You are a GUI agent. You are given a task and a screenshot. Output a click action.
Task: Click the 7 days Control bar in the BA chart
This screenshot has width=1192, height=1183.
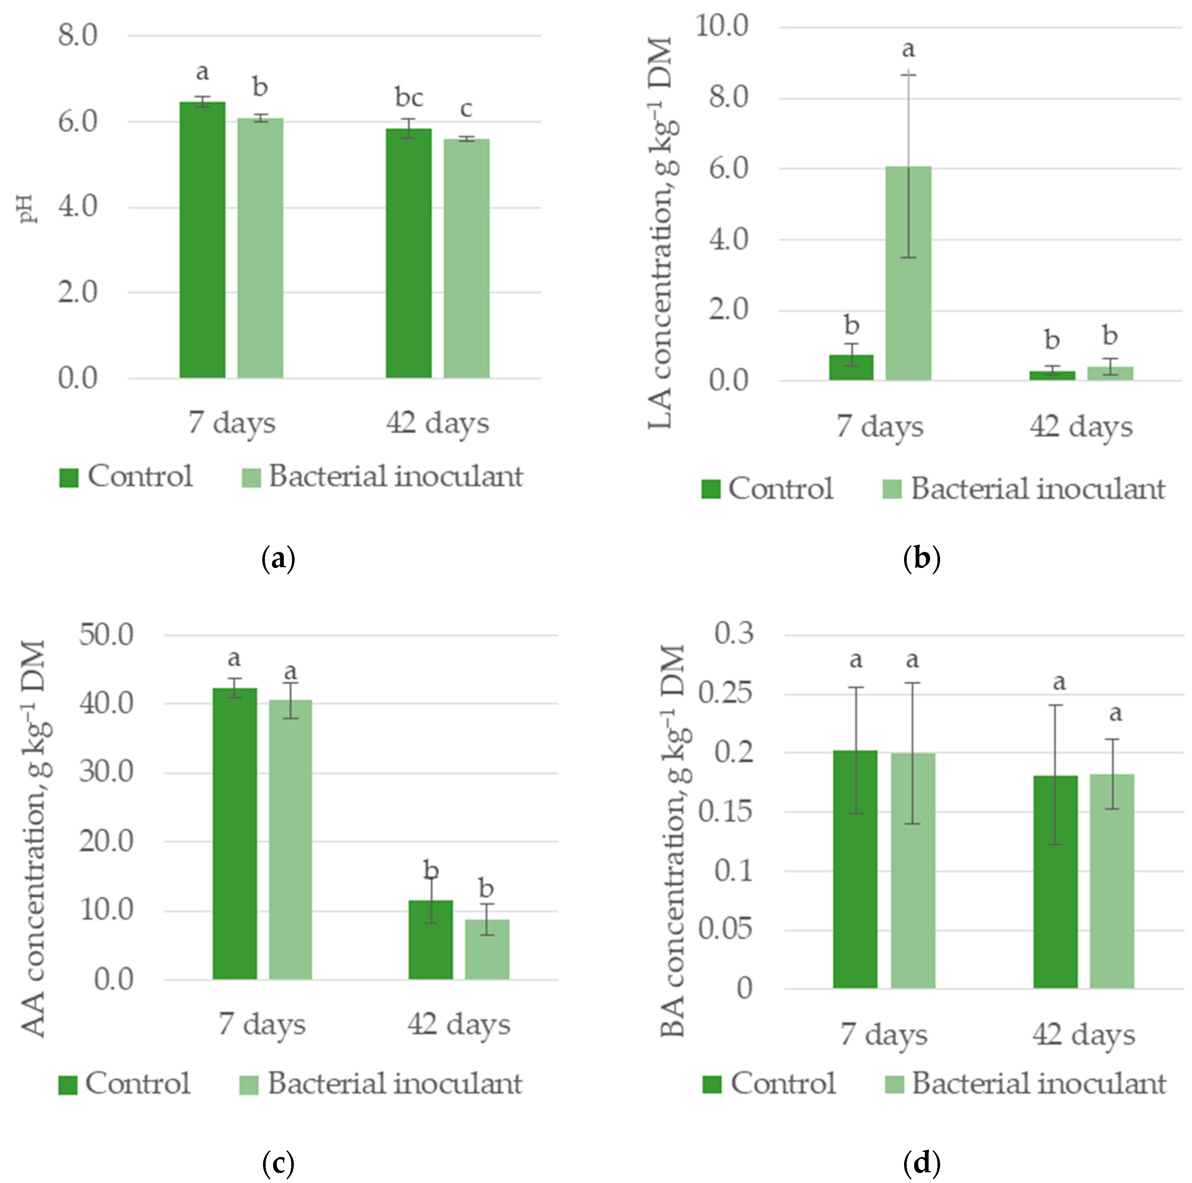click(x=855, y=869)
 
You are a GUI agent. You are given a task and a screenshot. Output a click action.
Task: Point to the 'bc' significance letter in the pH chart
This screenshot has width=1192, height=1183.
click(x=409, y=98)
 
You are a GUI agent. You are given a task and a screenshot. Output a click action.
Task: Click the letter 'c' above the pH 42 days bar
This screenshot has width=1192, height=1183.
click(x=466, y=109)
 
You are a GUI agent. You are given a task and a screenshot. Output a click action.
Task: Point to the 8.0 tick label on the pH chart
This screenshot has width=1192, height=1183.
click(x=78, y=35)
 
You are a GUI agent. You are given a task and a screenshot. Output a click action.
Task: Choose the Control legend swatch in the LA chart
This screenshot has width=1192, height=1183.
click(x=711, y=489)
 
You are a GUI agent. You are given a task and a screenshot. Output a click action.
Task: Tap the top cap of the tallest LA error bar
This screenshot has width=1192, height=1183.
click(x=908, y=75)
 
